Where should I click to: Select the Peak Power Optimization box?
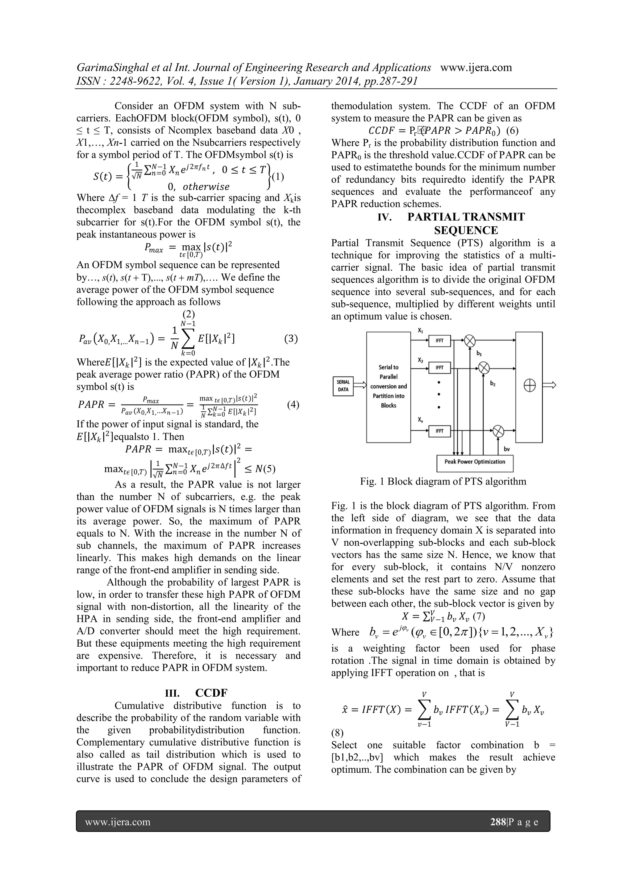tap(475, 462)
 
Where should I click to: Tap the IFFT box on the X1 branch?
tap(439, 341)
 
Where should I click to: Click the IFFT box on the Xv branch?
tap(439, 431)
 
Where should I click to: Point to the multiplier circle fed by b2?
tap(484, 367)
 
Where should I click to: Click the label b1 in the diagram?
tap(479, 354)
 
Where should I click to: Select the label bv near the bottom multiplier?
tap(507, 449)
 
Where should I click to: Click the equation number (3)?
tap(291, 338)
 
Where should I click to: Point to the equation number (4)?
tap(293, 405)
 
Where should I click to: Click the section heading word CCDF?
tap(211, 693)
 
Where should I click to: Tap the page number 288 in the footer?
tap(498, 822)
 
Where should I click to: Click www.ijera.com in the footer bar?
tap(118, 822)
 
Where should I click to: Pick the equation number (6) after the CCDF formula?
tap(509, 130)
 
